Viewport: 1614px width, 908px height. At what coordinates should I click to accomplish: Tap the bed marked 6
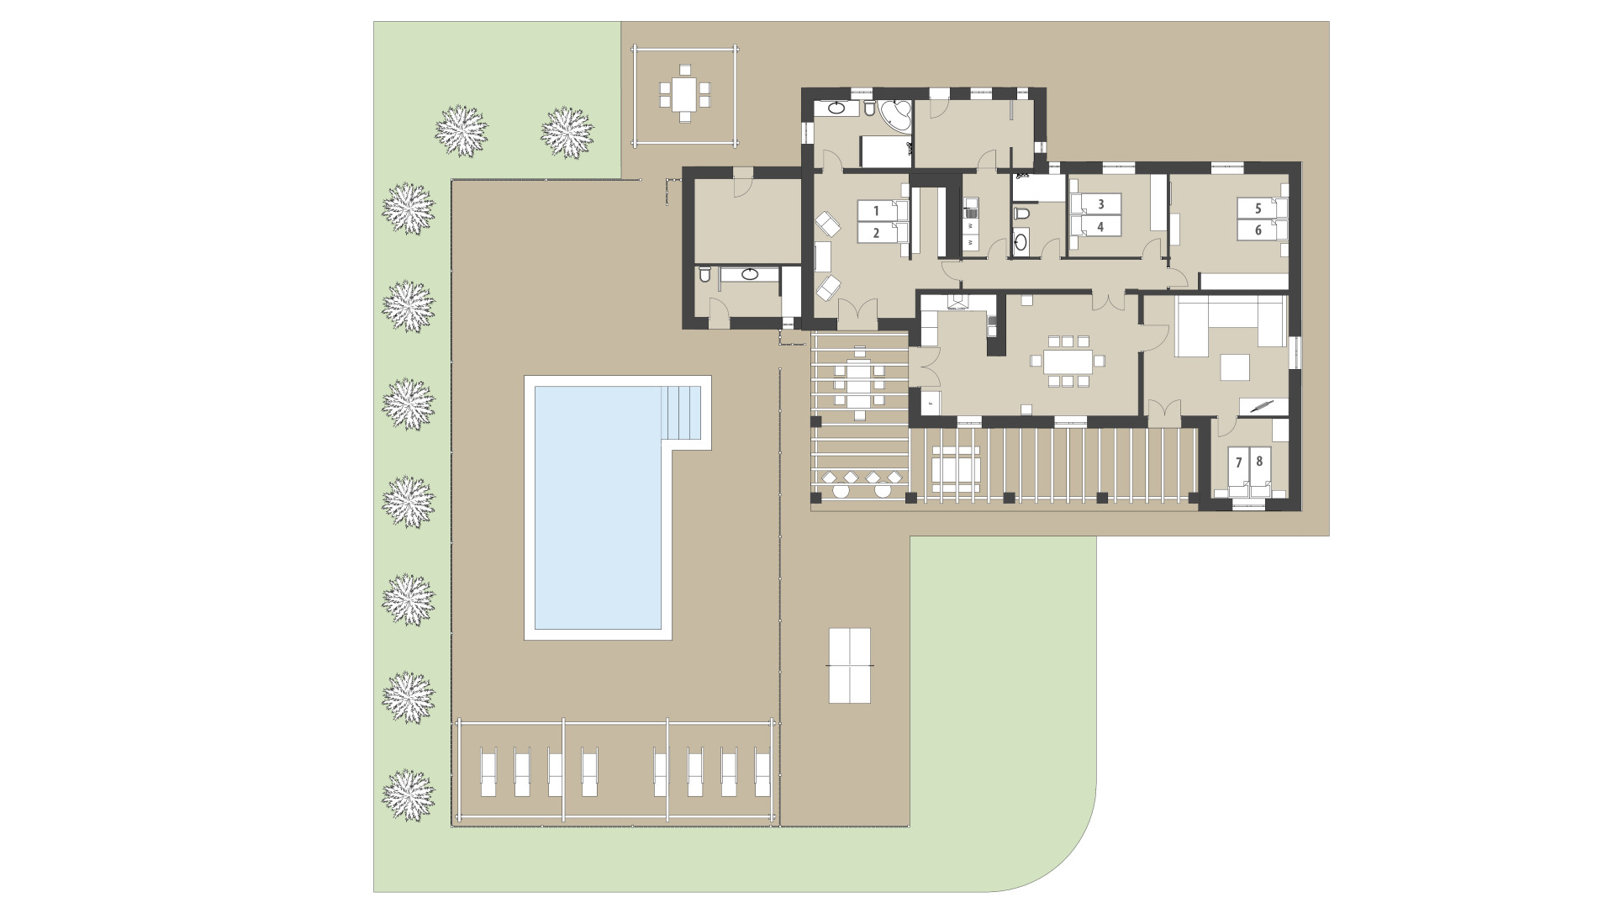(1261, 230)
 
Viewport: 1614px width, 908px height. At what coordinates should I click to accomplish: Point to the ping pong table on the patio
(850, 665)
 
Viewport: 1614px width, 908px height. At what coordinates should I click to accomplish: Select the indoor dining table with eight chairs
(1068, 362)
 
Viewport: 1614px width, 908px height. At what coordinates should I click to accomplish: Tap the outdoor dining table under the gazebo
(683, 94)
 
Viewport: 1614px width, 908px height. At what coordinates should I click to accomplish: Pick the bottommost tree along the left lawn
(409, 795)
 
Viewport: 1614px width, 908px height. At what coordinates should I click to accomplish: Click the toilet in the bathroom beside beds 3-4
(1021, 214)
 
